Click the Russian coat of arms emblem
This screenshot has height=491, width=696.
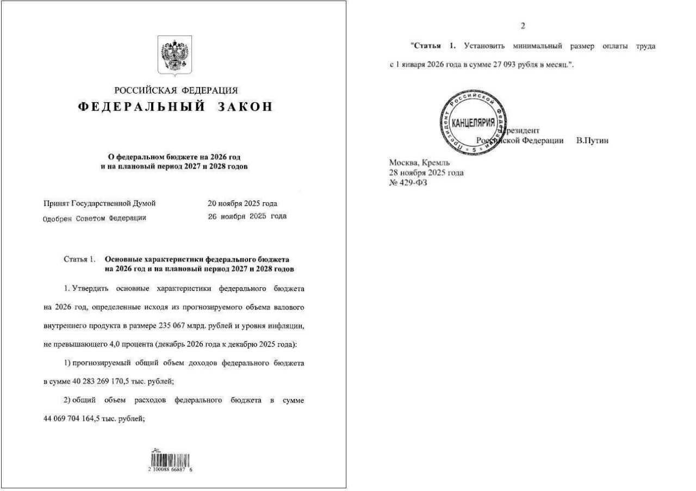coord(175,54)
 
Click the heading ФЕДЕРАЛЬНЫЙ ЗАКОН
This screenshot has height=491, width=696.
coord(175,107)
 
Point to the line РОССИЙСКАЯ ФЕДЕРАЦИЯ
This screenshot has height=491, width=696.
coord(176,91)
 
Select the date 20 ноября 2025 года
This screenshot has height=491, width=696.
coord(243,204)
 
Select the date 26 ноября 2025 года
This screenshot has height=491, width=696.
coord(247,216)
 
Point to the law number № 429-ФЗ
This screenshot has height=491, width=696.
coord(408,183)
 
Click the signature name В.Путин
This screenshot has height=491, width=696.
coord(592,141)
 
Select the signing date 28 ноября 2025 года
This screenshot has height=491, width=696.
coord(426,173)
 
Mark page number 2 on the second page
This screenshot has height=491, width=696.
coord(523,26)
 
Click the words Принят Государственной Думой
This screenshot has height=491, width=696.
coord(100,204)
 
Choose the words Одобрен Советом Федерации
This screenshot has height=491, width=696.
coord(95,218)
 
